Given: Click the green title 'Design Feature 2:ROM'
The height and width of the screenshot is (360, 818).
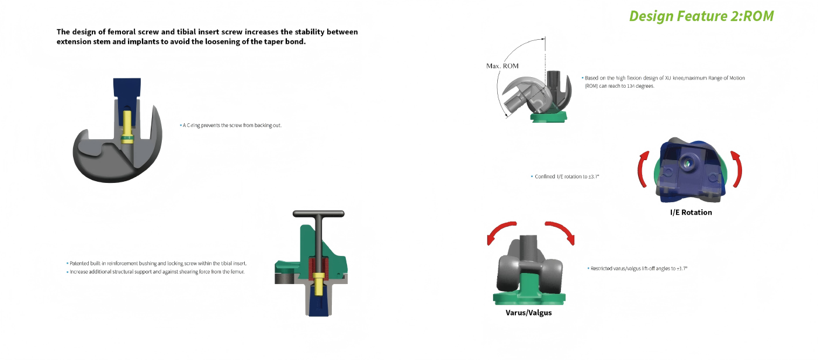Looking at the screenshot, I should (x=701, y=16).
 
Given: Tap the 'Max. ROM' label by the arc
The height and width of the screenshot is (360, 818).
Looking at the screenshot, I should (x=502, y=66).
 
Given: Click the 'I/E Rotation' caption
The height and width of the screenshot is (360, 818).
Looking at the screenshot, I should (x=691, y=213).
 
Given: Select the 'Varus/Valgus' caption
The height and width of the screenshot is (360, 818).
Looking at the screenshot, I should (x=528, y=313).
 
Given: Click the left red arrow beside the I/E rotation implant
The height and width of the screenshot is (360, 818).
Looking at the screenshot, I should (x=643, y=169).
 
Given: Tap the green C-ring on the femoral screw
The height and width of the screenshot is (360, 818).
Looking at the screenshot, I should (x=127, y=139).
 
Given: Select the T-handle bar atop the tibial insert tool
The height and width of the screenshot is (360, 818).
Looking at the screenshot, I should (x=318, y=214).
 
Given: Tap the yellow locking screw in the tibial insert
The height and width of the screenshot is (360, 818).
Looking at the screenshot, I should (x=318, y=285).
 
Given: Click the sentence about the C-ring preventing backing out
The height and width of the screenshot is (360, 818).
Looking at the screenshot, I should (x=231, y=126).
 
